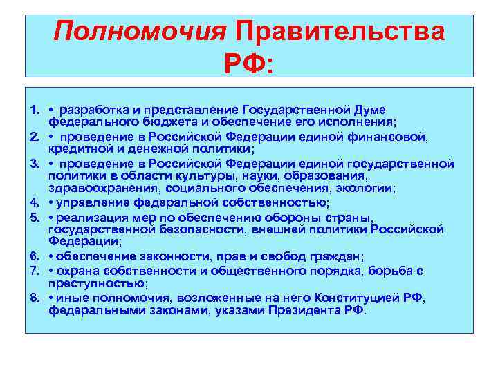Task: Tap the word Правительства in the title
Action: pyautogui.click(x=340, y=32)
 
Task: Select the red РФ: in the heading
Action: pyautogui.click(x=249, y=63)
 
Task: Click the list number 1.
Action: pyautogui.click(x=35, y=111)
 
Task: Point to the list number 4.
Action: pyautogui.click(x=35, y=202)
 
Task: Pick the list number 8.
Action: pyautogui.click(x=35, y=298)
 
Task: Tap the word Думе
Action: pyautogui.click(x=366, y=111)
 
